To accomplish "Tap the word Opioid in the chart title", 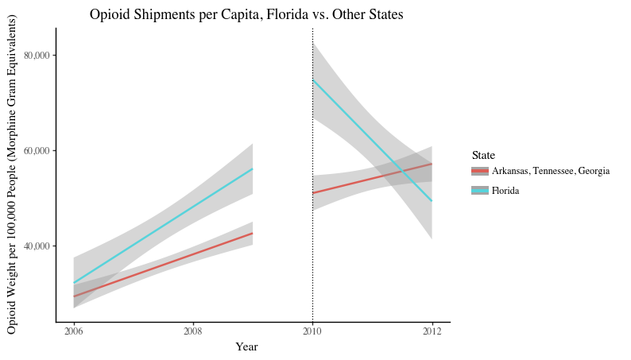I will (x=111, y=14).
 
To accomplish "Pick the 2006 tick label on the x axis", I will (x=73, y=331).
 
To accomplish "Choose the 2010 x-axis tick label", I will (x=312, y=331).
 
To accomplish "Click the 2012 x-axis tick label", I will (x=432, y=331).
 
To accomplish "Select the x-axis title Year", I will (x=246, y=346).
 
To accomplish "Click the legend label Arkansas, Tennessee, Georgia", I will (x=551, y=171).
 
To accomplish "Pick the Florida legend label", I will (x=505, y=191).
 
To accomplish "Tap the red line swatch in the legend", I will (x=479, y=171).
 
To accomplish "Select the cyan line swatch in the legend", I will (x=479, y=191).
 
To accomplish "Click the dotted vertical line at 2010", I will (x=312, y=238).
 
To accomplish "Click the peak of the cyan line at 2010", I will (x=313, y=79).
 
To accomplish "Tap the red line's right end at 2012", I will (x=432, y=164).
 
